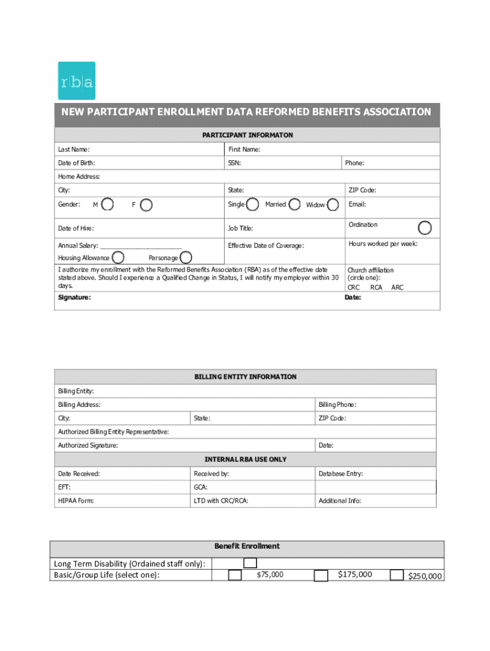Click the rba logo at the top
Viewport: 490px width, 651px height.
[76, 81]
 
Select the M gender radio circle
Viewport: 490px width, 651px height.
[108, 204]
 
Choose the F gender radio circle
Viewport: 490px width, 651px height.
[146, 205]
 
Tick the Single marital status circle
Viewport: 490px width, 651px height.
[253, 204]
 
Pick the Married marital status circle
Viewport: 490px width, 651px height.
[295, 204]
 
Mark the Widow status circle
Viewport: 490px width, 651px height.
[332, 205]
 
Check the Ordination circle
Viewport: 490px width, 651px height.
[424, 228]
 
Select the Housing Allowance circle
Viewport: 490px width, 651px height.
[119, 257]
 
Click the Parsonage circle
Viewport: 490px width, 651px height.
[186, 257]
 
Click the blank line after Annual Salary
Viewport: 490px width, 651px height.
[141, 245]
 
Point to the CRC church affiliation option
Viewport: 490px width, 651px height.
[353, 287]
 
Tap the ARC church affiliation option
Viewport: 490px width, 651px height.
[397, 287]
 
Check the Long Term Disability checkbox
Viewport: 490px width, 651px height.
[251, 563]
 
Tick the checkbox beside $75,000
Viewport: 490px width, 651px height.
[235, 575]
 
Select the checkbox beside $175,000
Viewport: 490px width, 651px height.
[321, 575]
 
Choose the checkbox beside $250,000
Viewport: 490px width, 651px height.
[396, 575]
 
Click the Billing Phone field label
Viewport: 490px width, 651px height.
[337, 404]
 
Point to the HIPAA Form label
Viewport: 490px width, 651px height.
[76, 501]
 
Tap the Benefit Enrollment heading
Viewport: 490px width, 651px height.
[247, 546]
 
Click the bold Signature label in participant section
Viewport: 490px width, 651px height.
[74, 298]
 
